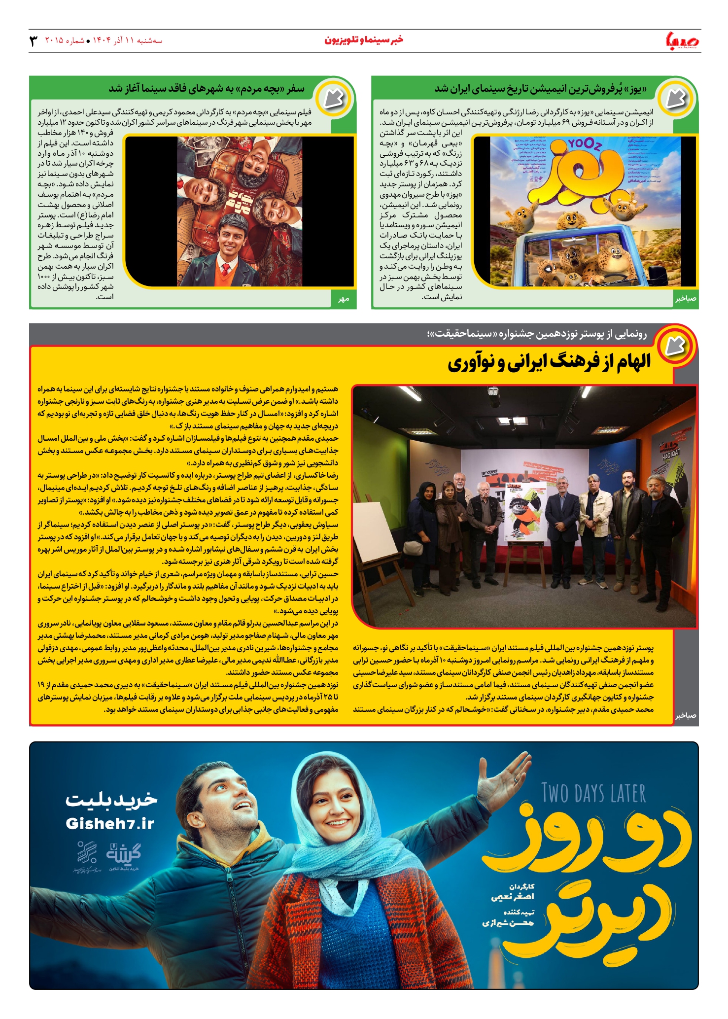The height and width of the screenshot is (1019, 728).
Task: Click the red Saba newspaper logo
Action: pyautogui.click(x=683, y=40)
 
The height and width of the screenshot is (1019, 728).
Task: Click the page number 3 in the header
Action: pyautogui.click(x=34, y=40)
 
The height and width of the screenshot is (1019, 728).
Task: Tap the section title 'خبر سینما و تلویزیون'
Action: pyautogui.click(x=364, y=40)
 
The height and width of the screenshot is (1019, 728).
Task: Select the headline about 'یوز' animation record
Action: pyautogui.click(x=540, y=89)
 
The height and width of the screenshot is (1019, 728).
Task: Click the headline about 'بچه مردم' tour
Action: pyautogui.click(x=207, y=89)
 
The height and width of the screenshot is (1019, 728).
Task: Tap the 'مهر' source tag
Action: pyautogui.click(x=344, y=299)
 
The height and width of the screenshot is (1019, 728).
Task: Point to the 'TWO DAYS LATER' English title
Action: pyautogui.click(x=593, y=793)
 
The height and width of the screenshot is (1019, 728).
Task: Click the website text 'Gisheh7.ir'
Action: pyautogui.click(x=110, y=824)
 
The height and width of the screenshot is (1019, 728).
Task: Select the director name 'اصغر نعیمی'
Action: pyautogui.click(x=513, y=897)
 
